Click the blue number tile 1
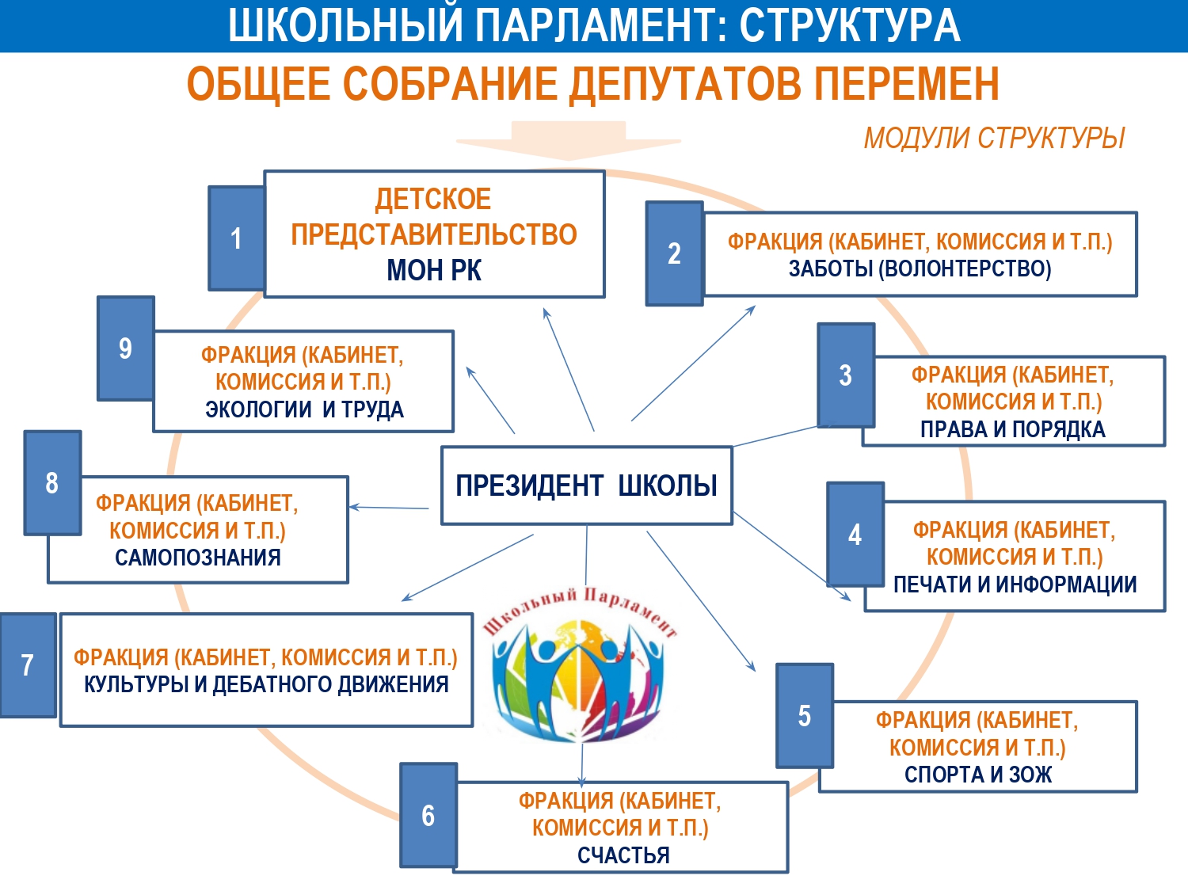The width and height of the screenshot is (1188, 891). point(236,238)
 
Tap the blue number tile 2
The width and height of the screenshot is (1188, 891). point(674,253)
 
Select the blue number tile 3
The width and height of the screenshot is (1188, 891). point(846,375)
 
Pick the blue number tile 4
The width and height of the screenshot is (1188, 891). point(855,535)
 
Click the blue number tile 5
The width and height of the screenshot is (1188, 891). point(805,716)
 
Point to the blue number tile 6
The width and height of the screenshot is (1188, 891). point(428,815)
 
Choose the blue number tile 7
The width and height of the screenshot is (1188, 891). point(28,665)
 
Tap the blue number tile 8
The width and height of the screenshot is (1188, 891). point(52,482)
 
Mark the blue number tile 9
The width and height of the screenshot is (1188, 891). point(125,348)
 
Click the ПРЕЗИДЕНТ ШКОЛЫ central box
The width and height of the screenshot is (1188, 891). point(586,485)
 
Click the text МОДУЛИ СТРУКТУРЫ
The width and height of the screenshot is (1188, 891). point(994,139)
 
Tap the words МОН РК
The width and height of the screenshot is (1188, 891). point(434,271)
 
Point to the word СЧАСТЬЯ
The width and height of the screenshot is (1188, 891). point(623,855)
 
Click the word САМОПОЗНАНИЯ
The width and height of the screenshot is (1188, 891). point(198,558)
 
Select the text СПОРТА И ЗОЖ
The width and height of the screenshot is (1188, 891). point(978,775)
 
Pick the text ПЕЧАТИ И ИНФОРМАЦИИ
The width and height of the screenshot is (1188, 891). point(1015,584)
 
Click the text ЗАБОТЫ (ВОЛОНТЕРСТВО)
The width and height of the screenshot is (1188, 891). point(920,269)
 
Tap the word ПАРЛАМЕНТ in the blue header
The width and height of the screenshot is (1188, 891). point(597,25)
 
